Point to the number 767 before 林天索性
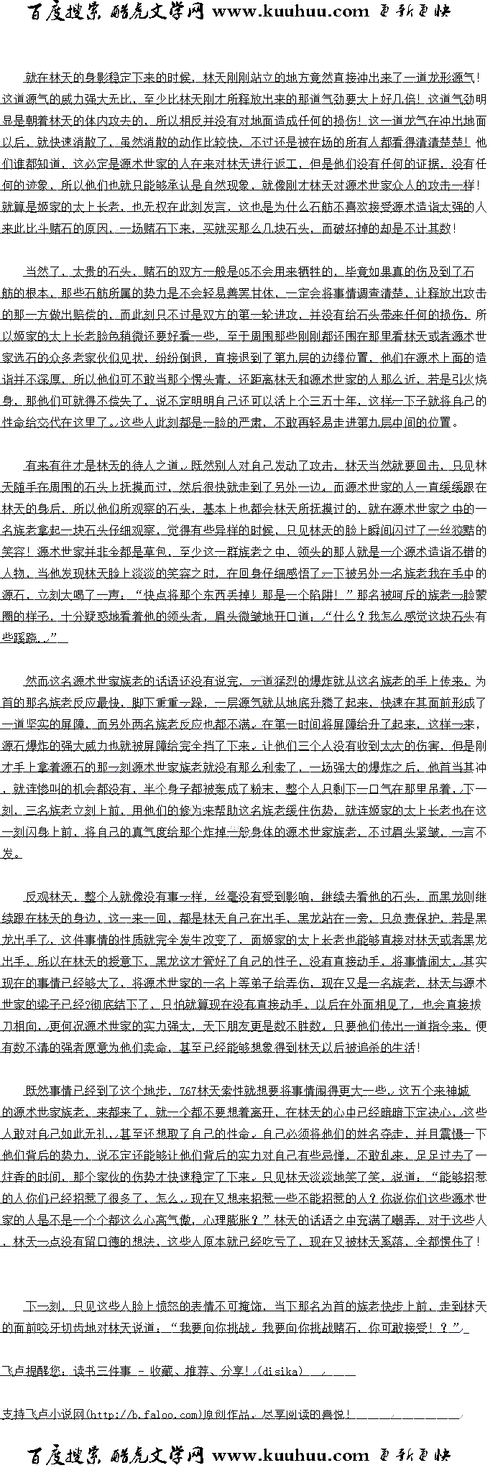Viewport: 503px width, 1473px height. pos(190,1091)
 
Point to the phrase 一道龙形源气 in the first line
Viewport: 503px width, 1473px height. pos(440,78)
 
